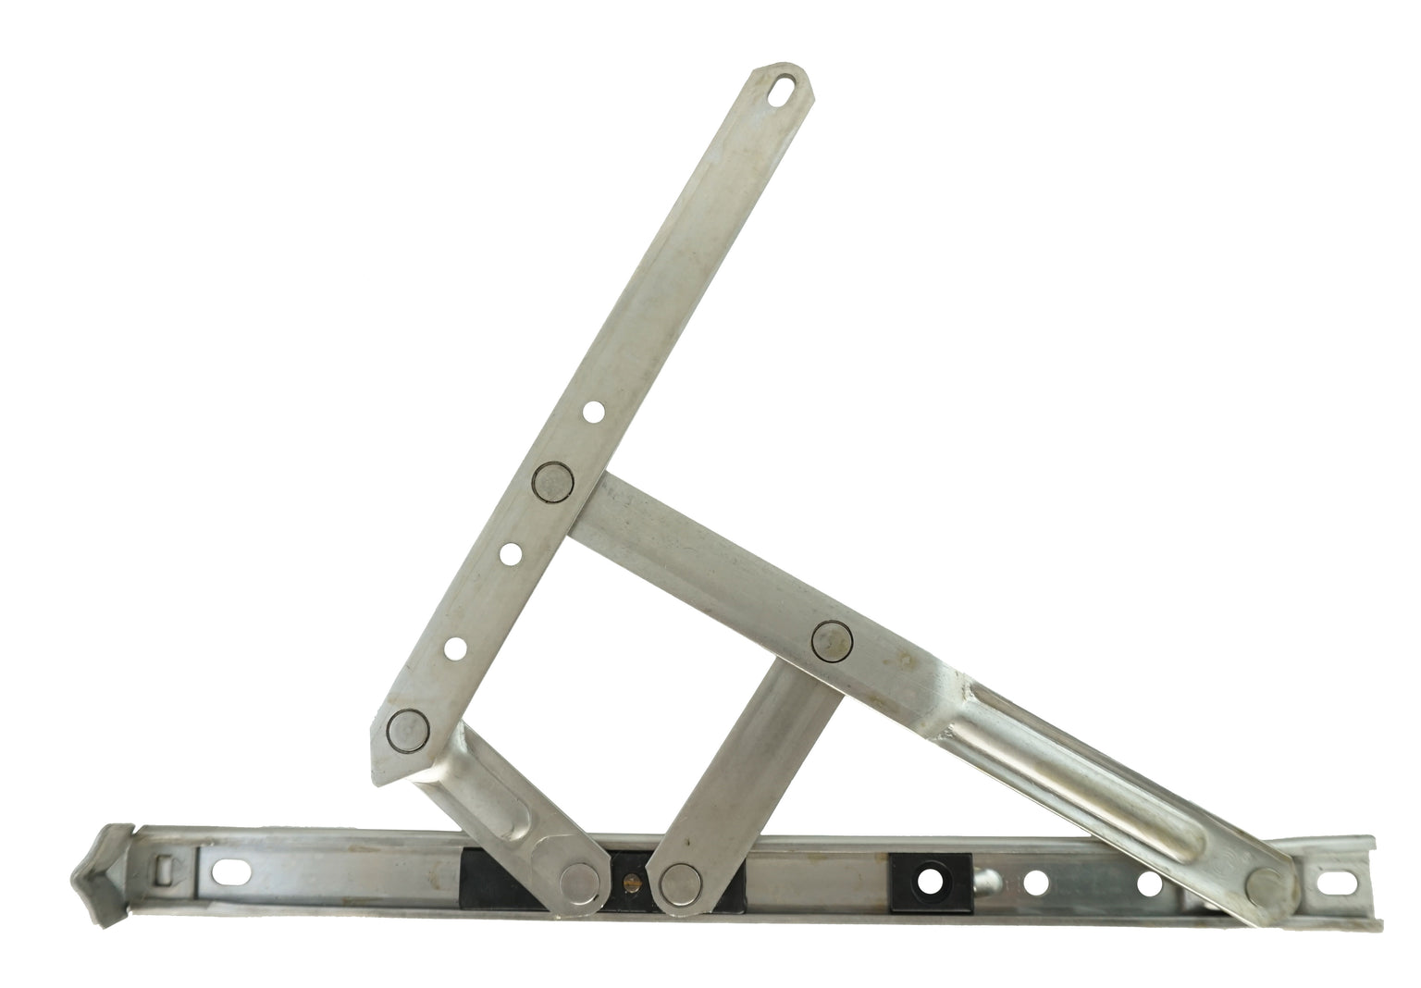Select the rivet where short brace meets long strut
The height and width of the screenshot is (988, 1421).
pyautogui.click(x=830, y=639)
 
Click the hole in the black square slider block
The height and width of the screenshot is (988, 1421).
pyautogui.click(x=929, y=880)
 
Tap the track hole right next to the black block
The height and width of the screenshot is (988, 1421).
pyautogui.click(x=1036, y=883)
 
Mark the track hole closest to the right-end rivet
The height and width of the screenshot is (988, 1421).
pyautogui.click(x=1149, y=883)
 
